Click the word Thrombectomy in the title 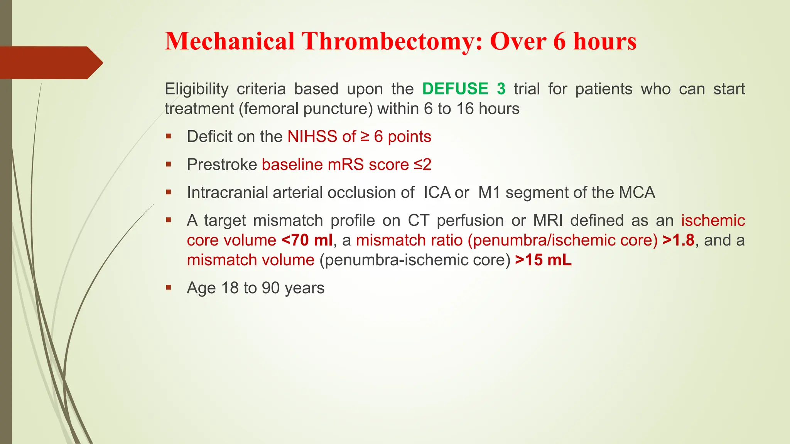392,41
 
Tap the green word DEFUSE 455,89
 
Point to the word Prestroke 222,165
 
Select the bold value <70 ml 307,240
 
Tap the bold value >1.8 679,240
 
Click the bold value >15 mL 543,260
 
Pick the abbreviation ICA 437,193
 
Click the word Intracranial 227,193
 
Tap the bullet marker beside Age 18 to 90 169,287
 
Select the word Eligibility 196,89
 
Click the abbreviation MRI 547,221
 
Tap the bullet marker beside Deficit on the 169,136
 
